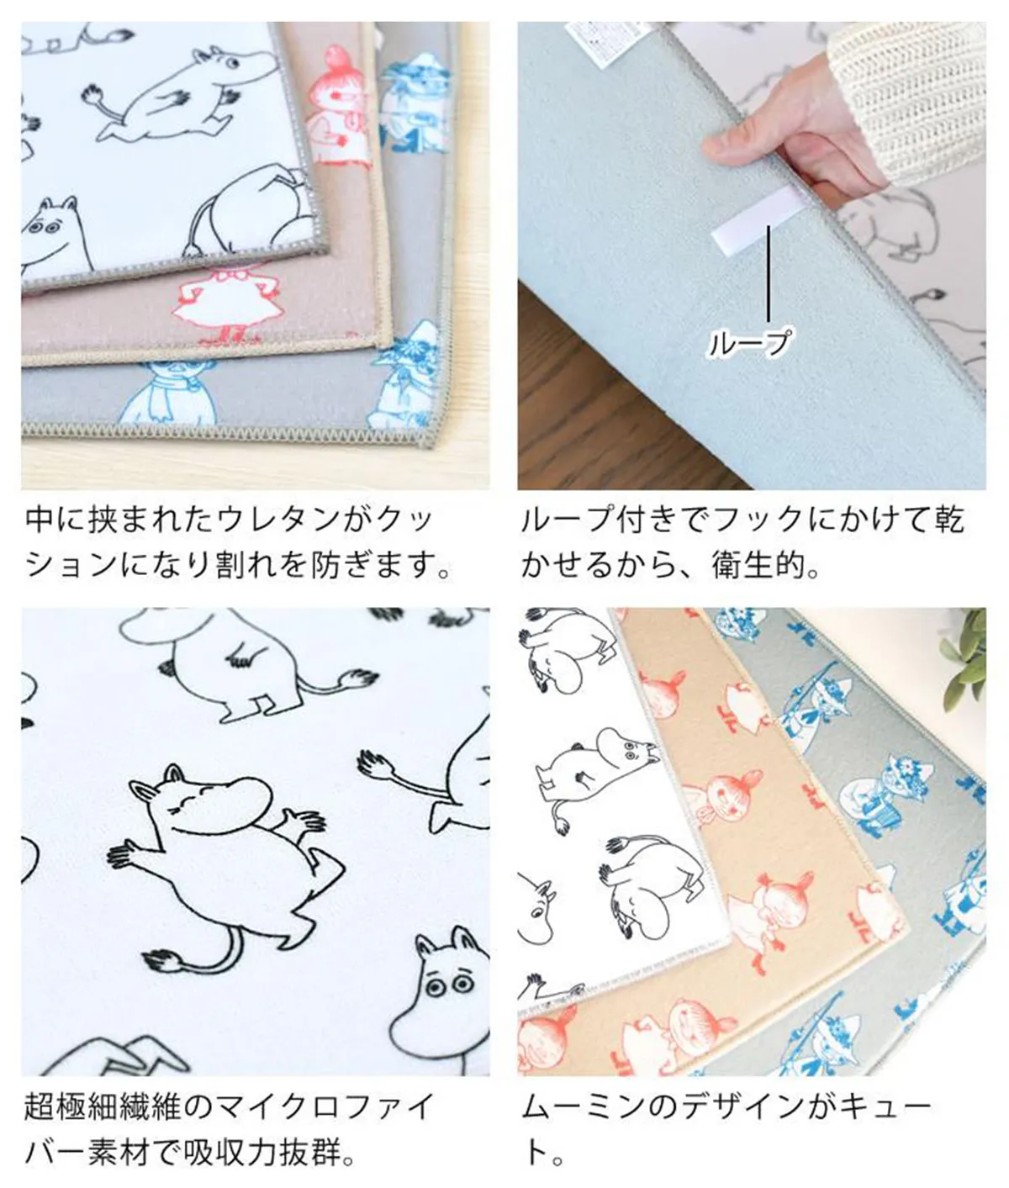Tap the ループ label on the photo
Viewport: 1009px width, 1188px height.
[749, 344]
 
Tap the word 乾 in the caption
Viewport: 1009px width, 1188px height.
[948, 520]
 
